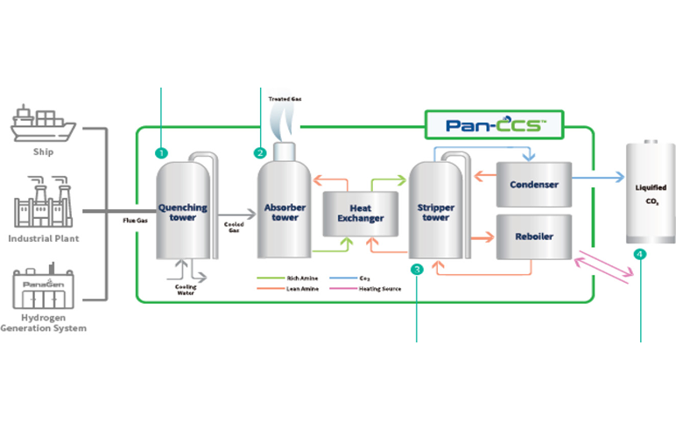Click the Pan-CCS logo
click(493, 124)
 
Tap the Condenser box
click(534, 185)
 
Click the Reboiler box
click(534, 236)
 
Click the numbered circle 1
click(161, 152)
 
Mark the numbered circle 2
click(260, 152)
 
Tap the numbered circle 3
click(417, 269)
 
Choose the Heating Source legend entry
click(374, 288)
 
